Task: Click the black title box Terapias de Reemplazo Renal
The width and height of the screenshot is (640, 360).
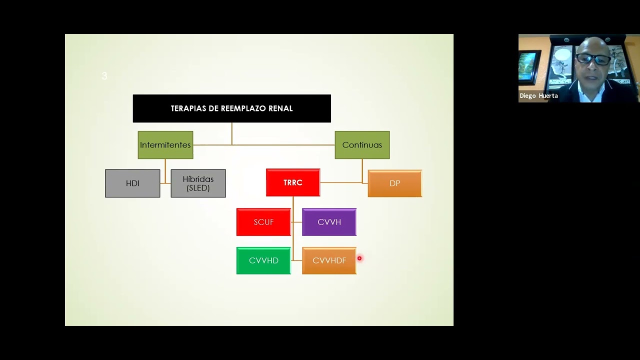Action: pos(231,108)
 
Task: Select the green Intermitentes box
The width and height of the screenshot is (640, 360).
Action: pos(165,145)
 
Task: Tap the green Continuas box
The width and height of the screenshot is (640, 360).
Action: pos(362,145)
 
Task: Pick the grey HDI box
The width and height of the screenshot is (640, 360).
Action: pos(132,183)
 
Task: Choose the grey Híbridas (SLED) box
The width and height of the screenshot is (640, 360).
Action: pos(198,183)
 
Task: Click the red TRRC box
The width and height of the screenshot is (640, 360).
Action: pos(293,182)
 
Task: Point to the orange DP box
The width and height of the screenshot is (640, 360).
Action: pos(395,183)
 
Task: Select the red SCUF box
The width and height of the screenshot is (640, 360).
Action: pos(263,222)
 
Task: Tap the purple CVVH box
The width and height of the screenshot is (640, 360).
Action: pos(329,222)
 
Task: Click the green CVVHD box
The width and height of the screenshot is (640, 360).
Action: pos(263,260)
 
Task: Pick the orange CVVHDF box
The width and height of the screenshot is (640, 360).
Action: pos(329,260)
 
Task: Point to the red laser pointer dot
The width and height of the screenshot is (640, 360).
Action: pos(359,258)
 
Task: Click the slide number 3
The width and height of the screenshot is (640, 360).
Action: pos(104,75)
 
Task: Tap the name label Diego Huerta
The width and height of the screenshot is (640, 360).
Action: pos(538,95)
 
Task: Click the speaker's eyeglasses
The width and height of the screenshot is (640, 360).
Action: pos(592,59)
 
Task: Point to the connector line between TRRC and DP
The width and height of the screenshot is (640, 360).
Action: pos(341,182)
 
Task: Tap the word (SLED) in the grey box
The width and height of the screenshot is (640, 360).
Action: pos(198,188)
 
